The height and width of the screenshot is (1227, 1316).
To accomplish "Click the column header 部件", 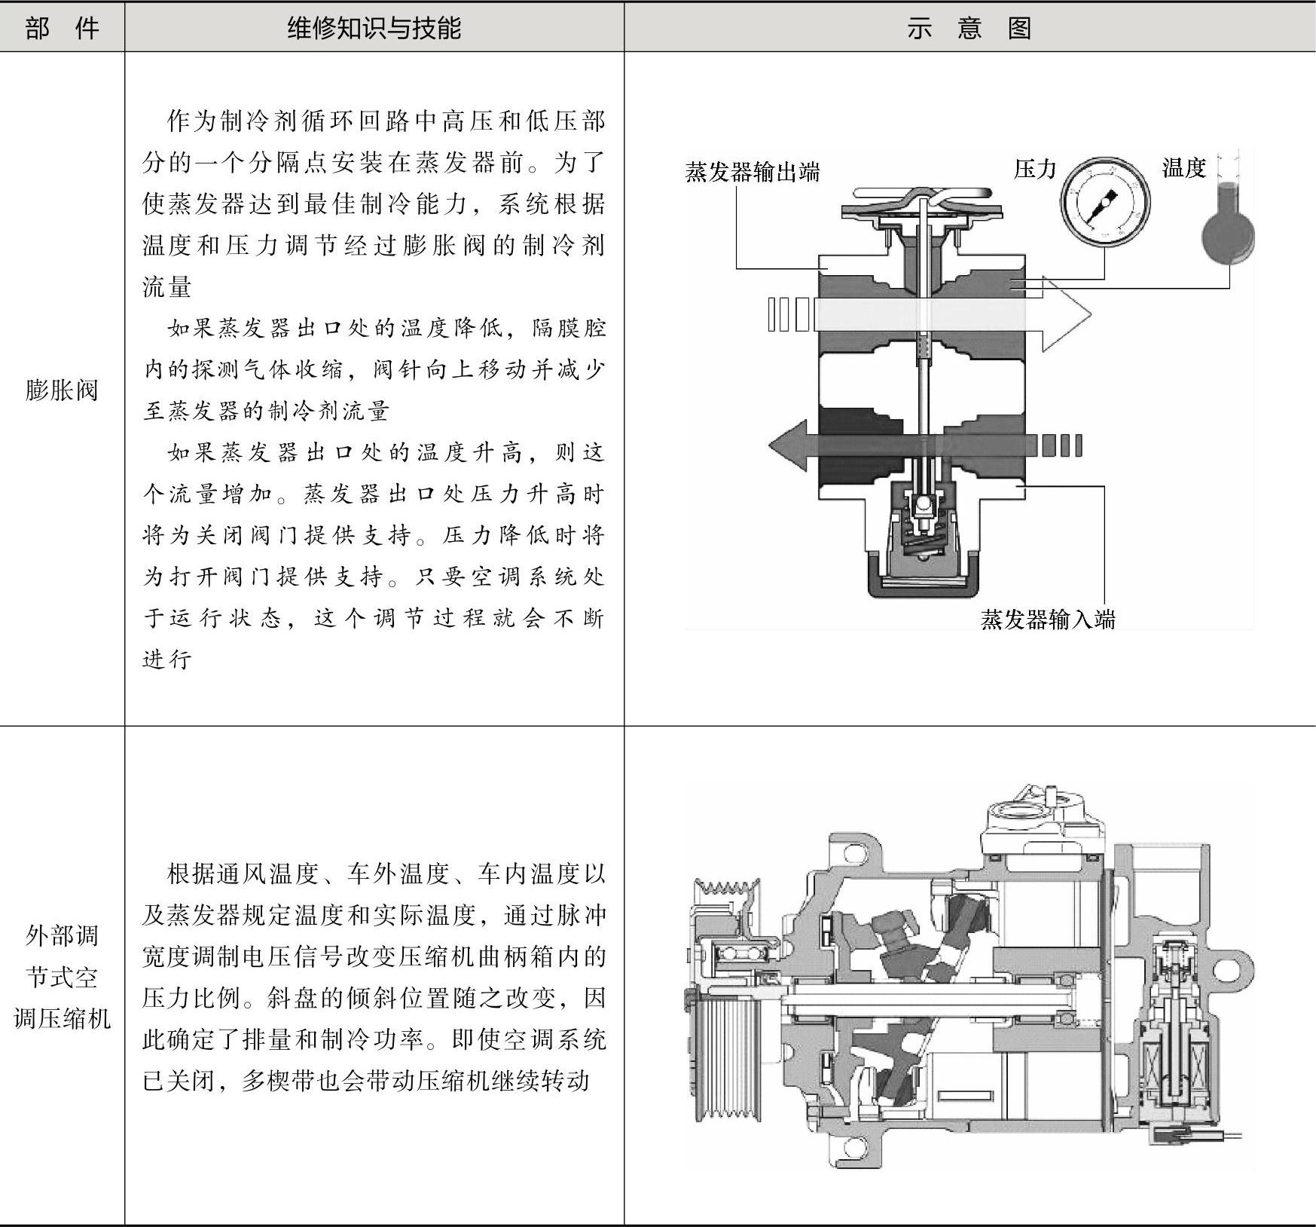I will pyautogui.click(x=62, y=29).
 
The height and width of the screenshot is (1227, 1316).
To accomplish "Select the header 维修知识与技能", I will pyautogui.click(x=374, y=29).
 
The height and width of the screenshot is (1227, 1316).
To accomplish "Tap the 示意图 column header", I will pyautogui.click(x=969, y=29).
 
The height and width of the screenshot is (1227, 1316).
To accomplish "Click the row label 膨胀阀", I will pyautogui.click(x=62, y=390).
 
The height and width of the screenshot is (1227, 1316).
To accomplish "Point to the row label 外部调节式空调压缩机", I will pyautogui.click(x=62, y=977).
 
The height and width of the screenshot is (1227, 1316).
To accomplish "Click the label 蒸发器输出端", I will pyautogui.click(x=752, y=172).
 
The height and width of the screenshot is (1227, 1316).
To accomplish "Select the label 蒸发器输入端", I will pyautogui.click(x=1047, y=620).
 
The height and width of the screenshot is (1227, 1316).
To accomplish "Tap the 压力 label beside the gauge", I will pyautogui.click(x=1035, y=169).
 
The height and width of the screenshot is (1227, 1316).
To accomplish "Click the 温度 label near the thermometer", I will pyautogui.click(x=1184, y=167).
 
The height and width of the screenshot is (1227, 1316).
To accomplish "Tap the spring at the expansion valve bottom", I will pyautogui.click(x=921, y=537).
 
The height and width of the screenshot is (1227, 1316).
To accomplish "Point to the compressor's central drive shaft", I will pyautogui.click(x=927, y=1000).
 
